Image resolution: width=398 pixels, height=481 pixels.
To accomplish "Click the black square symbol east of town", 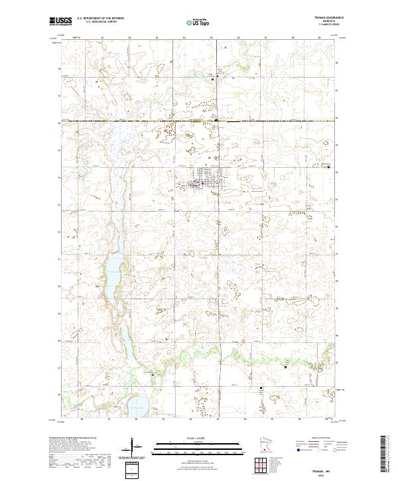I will (x=330, y=167).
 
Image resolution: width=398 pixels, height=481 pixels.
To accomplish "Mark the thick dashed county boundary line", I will (x=199, y=122).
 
